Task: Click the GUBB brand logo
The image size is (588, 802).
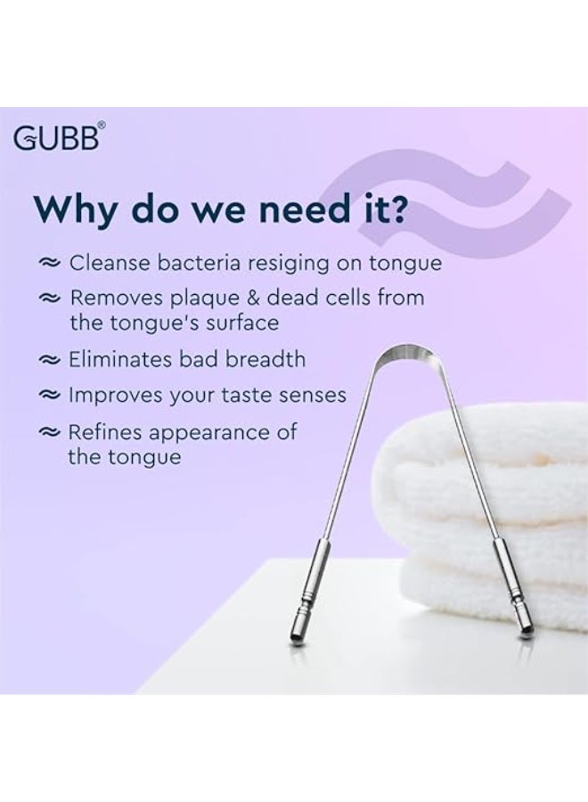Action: point(61,139)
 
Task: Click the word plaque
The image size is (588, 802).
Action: point(209,299)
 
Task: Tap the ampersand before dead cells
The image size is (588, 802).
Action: point(264,299)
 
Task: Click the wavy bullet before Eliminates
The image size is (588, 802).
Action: point(48,361)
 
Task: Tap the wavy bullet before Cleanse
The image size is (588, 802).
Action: point(48,265)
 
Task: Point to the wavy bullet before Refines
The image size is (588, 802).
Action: point(48,433)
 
